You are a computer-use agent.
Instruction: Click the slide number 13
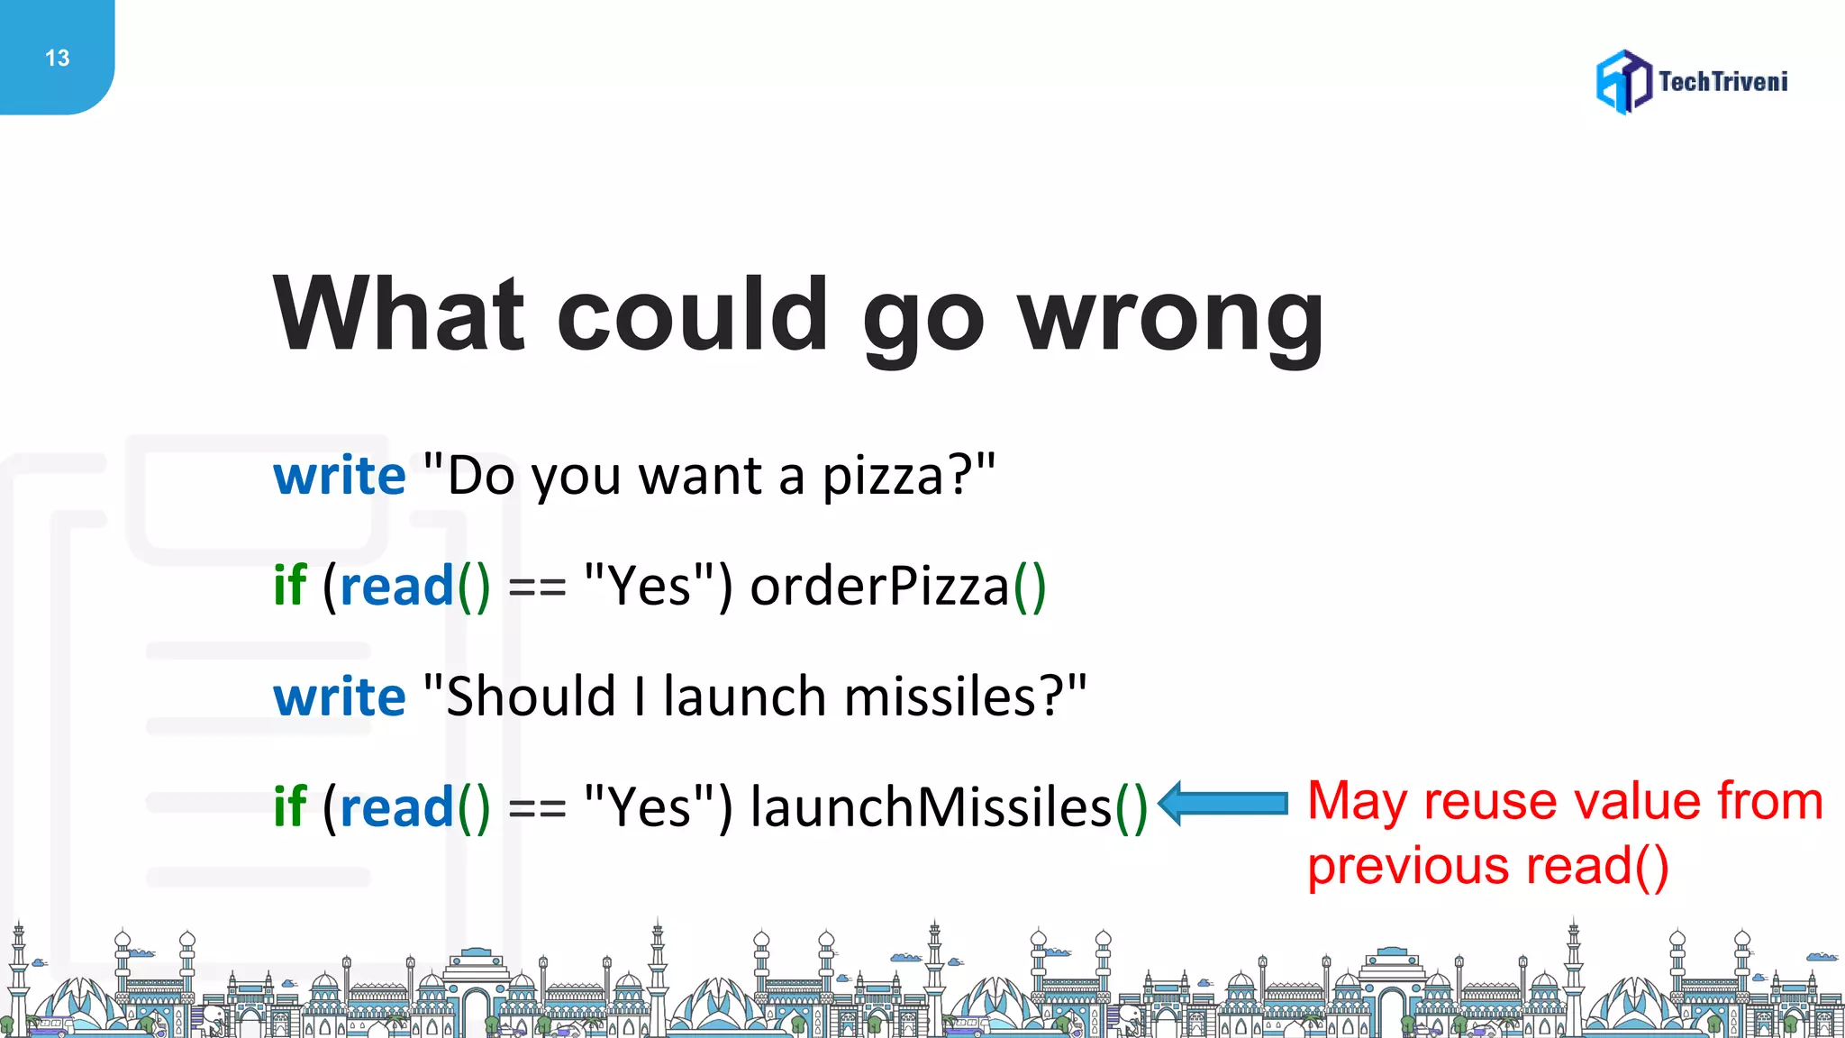click(57, 59)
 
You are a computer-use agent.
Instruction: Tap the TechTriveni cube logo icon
click(1623, 82)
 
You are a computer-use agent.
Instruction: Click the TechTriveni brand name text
click(1722, 82)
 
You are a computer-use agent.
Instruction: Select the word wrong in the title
click(1170, 315)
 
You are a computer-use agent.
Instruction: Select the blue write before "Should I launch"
click(340, 697)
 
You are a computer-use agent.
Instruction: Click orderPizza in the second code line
click(879, 587)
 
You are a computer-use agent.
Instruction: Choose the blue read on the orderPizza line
click(396, 587)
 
